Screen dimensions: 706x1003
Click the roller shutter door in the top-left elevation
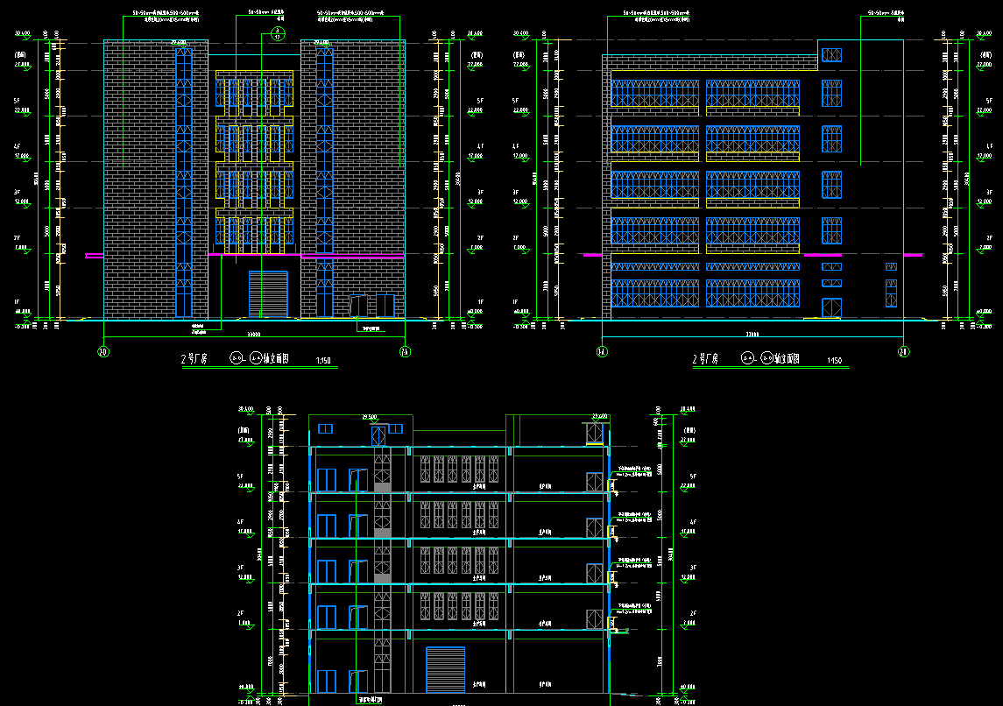tap(268, 293)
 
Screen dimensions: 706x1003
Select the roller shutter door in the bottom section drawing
tap(444, 669)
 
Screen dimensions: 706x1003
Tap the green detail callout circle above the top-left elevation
tap(277, 33)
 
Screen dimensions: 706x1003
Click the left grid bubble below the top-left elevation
tap(103, 352)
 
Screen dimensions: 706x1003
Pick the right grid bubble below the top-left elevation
tap(404, 352)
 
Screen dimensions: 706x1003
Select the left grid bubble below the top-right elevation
tap(602, 352)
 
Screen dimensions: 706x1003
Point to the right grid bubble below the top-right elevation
tap(903, 352)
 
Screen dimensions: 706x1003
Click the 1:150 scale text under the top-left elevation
tap(323, 360)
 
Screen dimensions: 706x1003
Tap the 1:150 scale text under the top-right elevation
tap(836, 360)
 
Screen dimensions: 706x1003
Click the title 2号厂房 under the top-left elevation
tap(193, 359)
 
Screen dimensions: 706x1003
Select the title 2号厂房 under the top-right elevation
tap(705, 359)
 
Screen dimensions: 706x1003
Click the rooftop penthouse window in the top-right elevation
tap(831, 55)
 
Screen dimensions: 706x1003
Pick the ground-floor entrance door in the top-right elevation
tap(831, 307)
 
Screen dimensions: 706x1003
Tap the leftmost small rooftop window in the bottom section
tap(326, 428)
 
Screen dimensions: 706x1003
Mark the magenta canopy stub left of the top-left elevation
tap(94, 256)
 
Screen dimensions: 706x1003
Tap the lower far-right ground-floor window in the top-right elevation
tap(891, 293)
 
